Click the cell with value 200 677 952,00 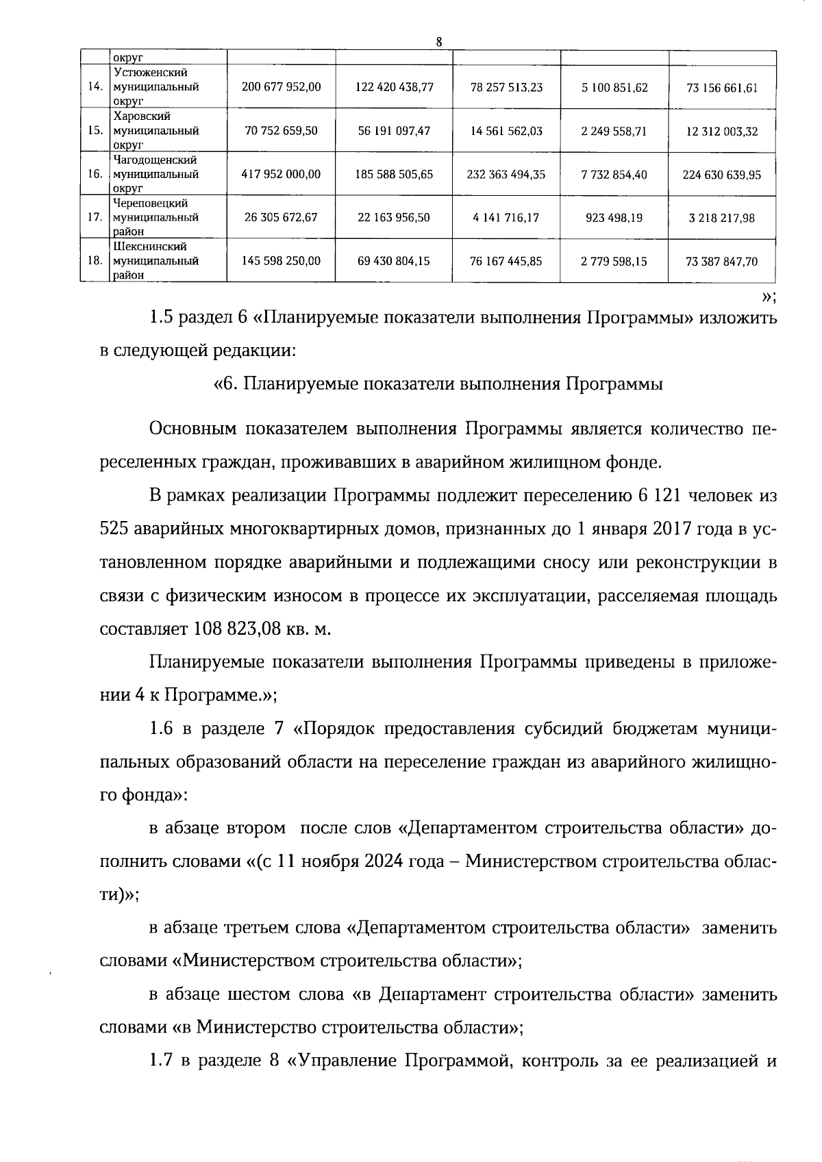coord(281,87)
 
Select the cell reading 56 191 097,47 coord(394,131)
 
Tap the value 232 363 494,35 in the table coord(506,175)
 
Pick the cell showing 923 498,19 coord(614,218)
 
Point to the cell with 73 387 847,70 coord(721,262)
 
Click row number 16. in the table coord(95,174)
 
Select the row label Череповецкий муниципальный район coord(155,218)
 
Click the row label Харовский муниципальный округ coord(155,131)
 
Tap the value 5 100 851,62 coord(614,88)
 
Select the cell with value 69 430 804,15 coord(394,262)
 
